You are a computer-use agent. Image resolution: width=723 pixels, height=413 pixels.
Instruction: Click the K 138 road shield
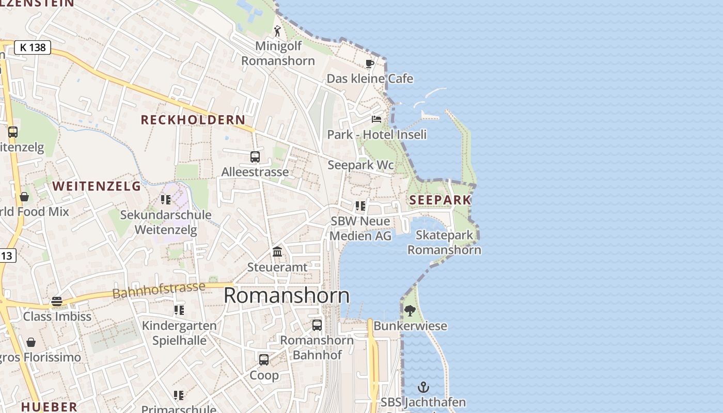[x=33, y=47]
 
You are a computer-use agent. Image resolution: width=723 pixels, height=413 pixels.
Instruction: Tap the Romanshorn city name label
[x=287, y=296]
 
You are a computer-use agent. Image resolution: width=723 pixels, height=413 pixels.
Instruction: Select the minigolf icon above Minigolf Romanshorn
[x=278, y=31]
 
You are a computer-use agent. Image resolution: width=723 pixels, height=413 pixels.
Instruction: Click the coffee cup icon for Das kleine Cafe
[x=370, y=64]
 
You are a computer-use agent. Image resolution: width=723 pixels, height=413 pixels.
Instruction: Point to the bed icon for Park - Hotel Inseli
[x=376, y=119]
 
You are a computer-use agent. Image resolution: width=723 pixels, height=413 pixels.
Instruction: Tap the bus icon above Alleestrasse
[x=255, y=156]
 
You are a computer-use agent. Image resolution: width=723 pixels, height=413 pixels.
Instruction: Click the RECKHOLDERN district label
[x=193, y=120]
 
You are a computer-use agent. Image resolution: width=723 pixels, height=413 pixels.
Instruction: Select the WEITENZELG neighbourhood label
[x=97, y=186]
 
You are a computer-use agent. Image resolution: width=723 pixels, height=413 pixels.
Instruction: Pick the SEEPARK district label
[x=440, y=200]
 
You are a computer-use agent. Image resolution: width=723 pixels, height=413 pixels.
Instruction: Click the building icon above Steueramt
[x=277, y=252]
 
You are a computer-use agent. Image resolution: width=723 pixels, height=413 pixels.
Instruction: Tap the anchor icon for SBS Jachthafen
[x=423, y=387]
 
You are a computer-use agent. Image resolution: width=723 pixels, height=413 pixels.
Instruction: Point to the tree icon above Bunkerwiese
[x=410, y=311]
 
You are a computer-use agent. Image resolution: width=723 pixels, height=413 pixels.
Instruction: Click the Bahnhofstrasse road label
[x=159, y=290]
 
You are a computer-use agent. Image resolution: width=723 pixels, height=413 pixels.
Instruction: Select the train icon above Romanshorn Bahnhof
[x=317, y=325]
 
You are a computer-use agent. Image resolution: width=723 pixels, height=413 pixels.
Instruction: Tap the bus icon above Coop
[x=264, y=360]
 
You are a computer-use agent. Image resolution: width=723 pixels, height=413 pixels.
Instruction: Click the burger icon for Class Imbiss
[x=57, y=301]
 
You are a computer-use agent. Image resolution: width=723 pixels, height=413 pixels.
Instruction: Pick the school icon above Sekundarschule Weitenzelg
[x=166, y=200]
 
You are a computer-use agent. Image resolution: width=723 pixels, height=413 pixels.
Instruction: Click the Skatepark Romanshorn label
[x=444, y=243]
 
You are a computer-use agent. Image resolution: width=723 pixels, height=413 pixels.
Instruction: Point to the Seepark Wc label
[x=360, y=165]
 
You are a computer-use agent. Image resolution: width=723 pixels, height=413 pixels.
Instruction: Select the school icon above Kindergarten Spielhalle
[x=179, y=310]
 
